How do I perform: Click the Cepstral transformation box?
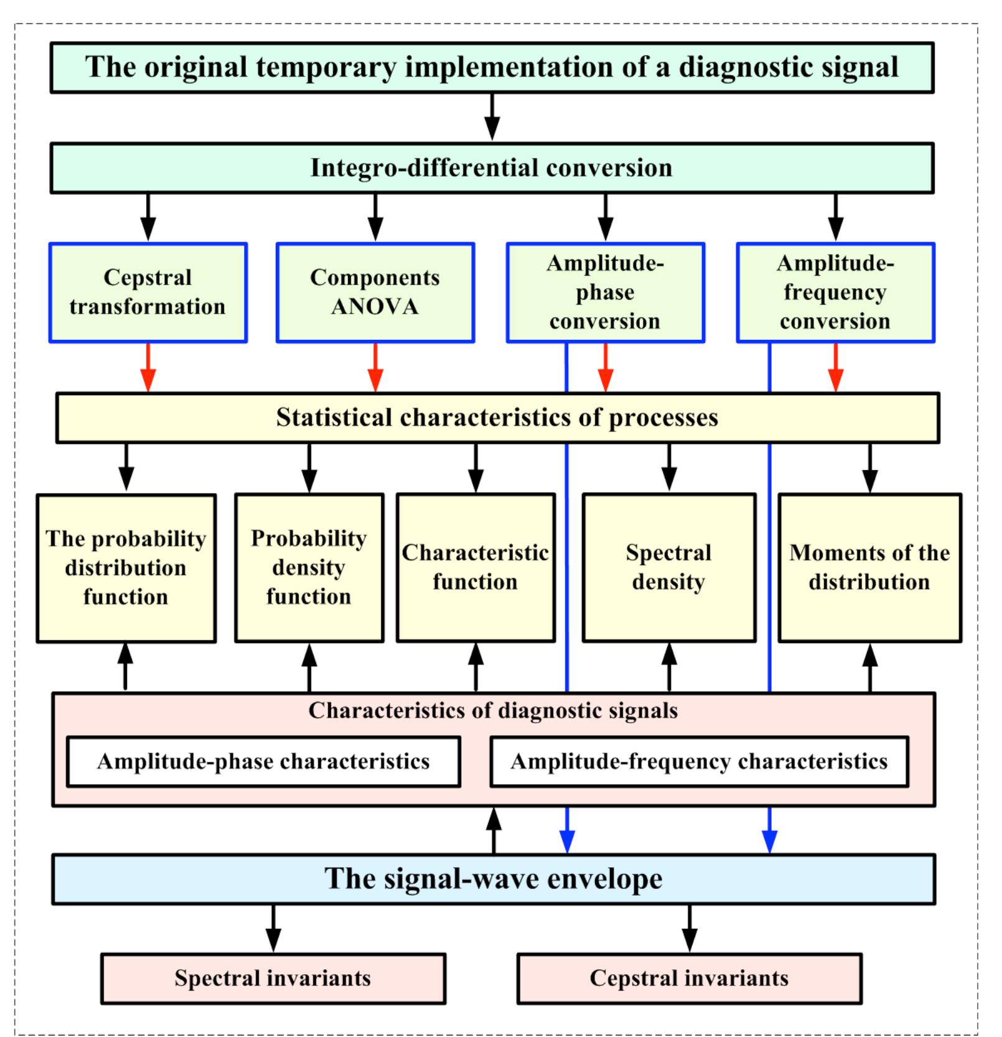[x=148, y=293]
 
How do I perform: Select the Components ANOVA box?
[x=375, y=293]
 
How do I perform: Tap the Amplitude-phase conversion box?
[x=606, y=293]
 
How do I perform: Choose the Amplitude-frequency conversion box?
[x=835, y=293]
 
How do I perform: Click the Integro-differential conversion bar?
[x=492, y=168]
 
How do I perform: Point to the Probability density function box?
[x=309, y=568]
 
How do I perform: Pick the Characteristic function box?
[x=475, y=568]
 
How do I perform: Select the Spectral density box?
[x=669, y=568]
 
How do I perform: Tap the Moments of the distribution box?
[x=869, y=568]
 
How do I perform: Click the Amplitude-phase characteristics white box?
[x=263, y=762]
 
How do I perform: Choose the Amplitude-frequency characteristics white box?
[x=699, y=762]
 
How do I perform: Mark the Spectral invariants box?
[x=273, y=978]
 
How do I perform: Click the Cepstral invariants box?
[x=689, y=978]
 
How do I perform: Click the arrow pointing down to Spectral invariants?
[x=273, y=929]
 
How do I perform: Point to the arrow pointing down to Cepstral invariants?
[x=689, y=929]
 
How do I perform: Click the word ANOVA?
[x=375, y=307]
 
